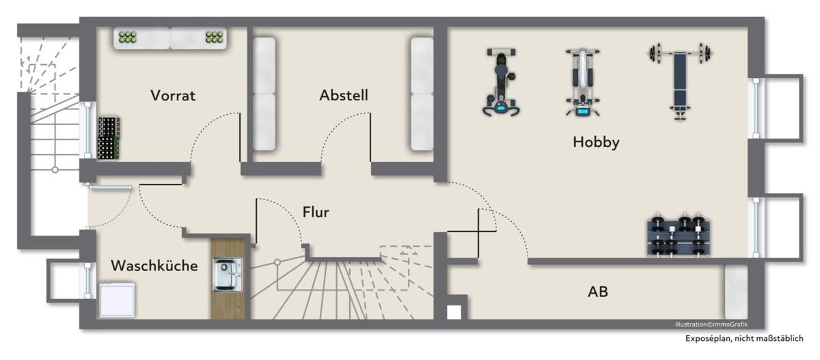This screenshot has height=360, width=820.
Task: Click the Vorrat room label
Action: coord(173,96)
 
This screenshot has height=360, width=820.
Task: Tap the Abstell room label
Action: coord(344,95)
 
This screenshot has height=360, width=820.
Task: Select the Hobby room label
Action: coord(596,142)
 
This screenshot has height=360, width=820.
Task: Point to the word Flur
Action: coord(316,212)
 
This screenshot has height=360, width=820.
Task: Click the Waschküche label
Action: coord(154,266)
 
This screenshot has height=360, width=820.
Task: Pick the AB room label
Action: coord(598,292)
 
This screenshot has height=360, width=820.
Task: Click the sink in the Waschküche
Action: coord(228,275)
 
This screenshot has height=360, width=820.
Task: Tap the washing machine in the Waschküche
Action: coord(117,299)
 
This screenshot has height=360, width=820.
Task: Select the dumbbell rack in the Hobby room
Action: coord(679,234)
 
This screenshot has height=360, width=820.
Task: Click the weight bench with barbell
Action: coord(680,83)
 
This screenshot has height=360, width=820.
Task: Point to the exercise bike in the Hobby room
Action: coord(501,83)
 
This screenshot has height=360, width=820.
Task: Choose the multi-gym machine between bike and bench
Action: coord(582,83)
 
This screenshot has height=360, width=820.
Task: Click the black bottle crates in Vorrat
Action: coord(109,138)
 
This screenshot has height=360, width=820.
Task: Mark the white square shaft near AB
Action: coord(454,313)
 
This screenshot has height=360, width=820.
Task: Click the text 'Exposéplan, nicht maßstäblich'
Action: coord(744,338)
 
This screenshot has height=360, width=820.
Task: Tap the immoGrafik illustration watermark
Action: coord(711,324)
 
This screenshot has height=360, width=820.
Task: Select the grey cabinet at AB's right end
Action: coord(736,292)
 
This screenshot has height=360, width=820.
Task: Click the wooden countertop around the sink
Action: coord(228,279)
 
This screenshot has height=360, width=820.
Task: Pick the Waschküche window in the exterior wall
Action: coord(88,281)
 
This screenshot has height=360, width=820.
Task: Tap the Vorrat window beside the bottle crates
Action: coord(88,130)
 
